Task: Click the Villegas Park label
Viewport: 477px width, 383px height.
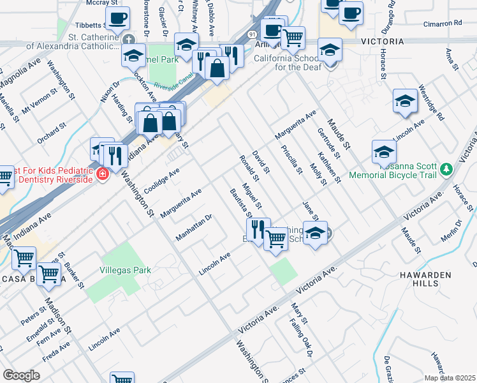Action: pos(125,270)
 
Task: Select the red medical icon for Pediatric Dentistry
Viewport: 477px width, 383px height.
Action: pos(102,174)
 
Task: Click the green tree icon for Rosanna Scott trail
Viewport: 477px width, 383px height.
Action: pos(447,169)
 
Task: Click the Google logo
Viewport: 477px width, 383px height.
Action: pos(21,375)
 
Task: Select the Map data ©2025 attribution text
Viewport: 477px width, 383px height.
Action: pos(450,378)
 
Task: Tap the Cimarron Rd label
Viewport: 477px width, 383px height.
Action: pos(442,22)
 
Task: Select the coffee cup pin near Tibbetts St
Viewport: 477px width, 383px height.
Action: pos(117,20)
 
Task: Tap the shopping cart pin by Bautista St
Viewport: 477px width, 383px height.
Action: pos(275,239)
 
